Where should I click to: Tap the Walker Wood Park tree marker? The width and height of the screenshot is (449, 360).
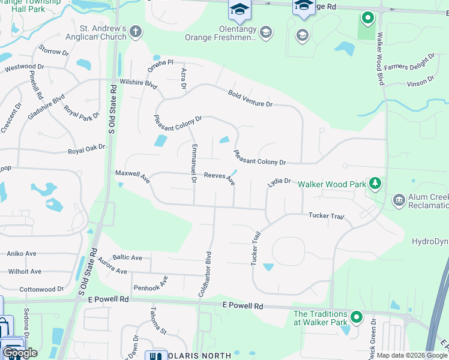pos(375,181)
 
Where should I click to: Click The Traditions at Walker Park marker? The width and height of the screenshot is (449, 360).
pos(357,316)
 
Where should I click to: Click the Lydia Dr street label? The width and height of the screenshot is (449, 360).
pos(279,183)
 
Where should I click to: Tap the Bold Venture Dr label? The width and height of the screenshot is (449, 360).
pos(250,98)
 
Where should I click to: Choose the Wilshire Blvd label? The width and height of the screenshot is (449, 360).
pos(138,82)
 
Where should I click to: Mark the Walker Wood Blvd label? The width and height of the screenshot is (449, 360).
pos(380,62)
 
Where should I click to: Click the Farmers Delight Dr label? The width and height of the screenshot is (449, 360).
pos(410,61)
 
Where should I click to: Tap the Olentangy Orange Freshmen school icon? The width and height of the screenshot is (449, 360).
pos(266,32)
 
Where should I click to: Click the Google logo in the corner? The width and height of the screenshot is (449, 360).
pos(20,352)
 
